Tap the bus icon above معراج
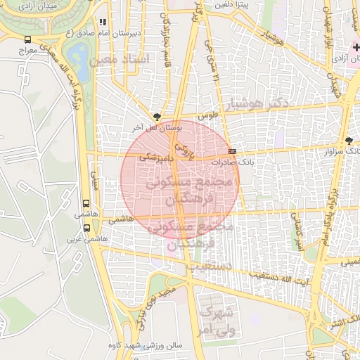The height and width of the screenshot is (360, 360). coord(27,40)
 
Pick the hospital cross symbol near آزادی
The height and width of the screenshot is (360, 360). coord(356,46)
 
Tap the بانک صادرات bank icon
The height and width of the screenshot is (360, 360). coord(233,151)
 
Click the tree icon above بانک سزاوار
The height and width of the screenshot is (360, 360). coord(349,141)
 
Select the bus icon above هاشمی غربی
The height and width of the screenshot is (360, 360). coord(87,228)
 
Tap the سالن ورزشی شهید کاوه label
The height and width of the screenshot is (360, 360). coord(155,345)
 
